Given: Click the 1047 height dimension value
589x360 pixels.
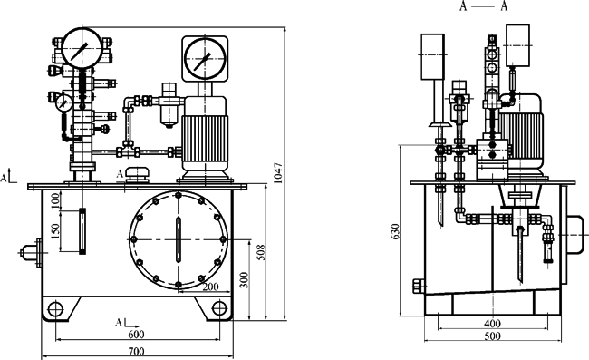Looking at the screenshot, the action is point(277,173).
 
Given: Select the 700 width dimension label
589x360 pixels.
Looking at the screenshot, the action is point(136,352).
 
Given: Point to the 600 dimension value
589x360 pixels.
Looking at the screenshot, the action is point(136,334).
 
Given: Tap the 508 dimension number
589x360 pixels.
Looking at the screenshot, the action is point(262,252).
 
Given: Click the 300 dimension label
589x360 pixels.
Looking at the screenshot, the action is point(245,279).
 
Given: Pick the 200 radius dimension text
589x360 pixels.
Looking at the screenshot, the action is point(210,287).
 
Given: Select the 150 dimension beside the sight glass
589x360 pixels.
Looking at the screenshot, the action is point(55,231).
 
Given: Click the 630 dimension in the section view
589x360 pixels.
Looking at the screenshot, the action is point(395,231).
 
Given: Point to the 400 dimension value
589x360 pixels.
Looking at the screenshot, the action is point(492,323).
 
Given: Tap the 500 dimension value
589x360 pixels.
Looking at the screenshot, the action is point(492,336).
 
